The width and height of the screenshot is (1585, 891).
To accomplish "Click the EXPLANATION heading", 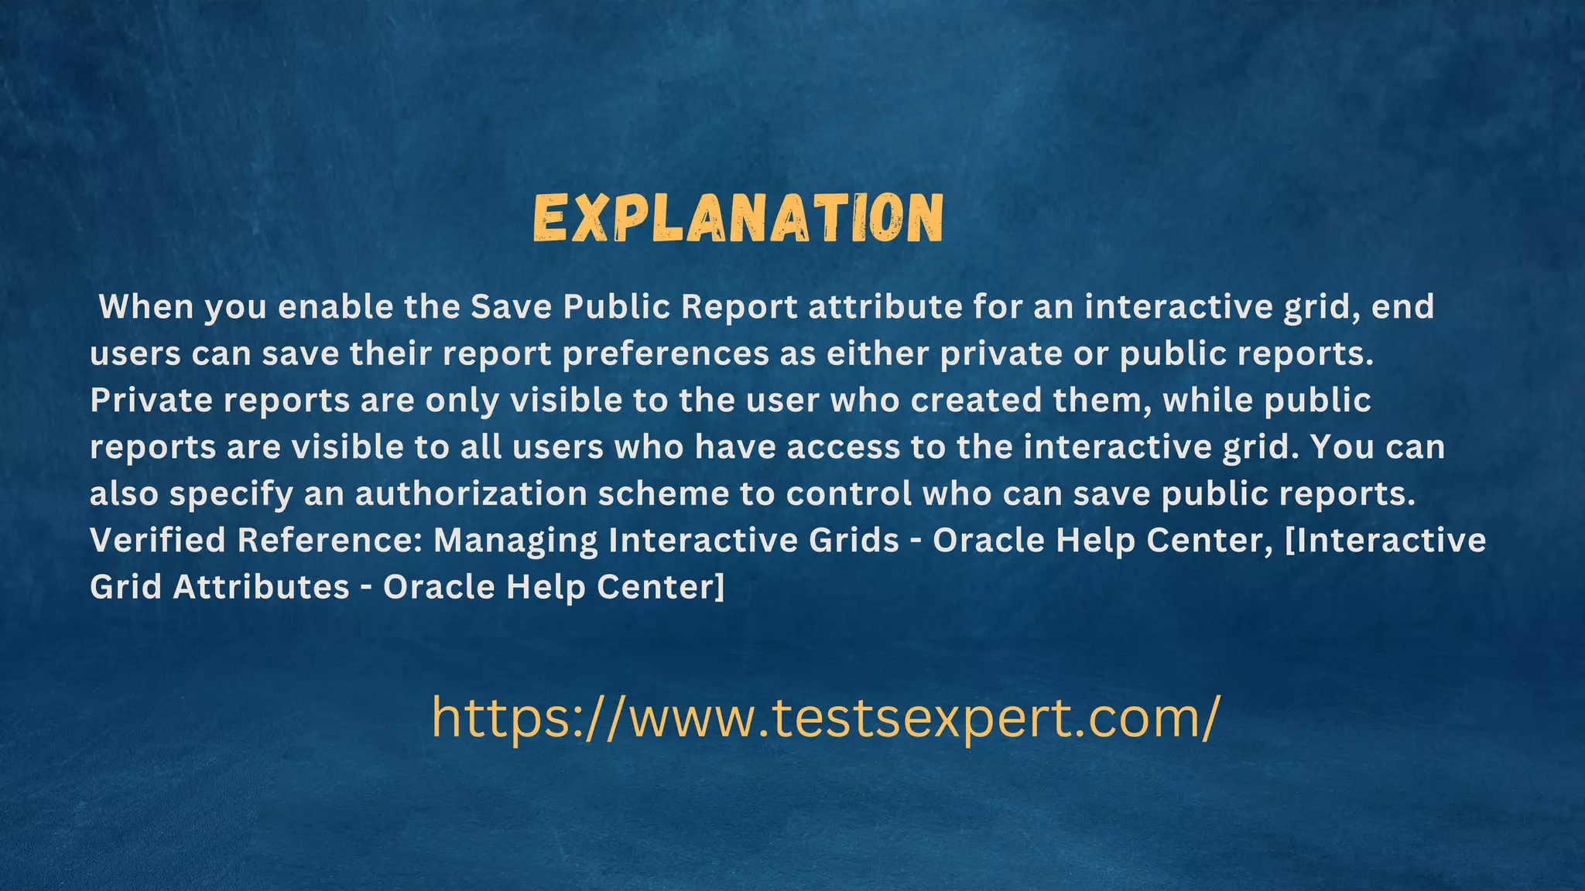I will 738,218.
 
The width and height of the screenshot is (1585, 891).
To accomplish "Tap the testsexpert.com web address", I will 826,717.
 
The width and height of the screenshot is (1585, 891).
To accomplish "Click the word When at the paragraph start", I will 146,307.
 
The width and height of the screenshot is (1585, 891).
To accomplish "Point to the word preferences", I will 666,353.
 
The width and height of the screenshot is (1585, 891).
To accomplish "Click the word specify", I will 231,494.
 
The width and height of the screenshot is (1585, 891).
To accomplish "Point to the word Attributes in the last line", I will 261,586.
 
